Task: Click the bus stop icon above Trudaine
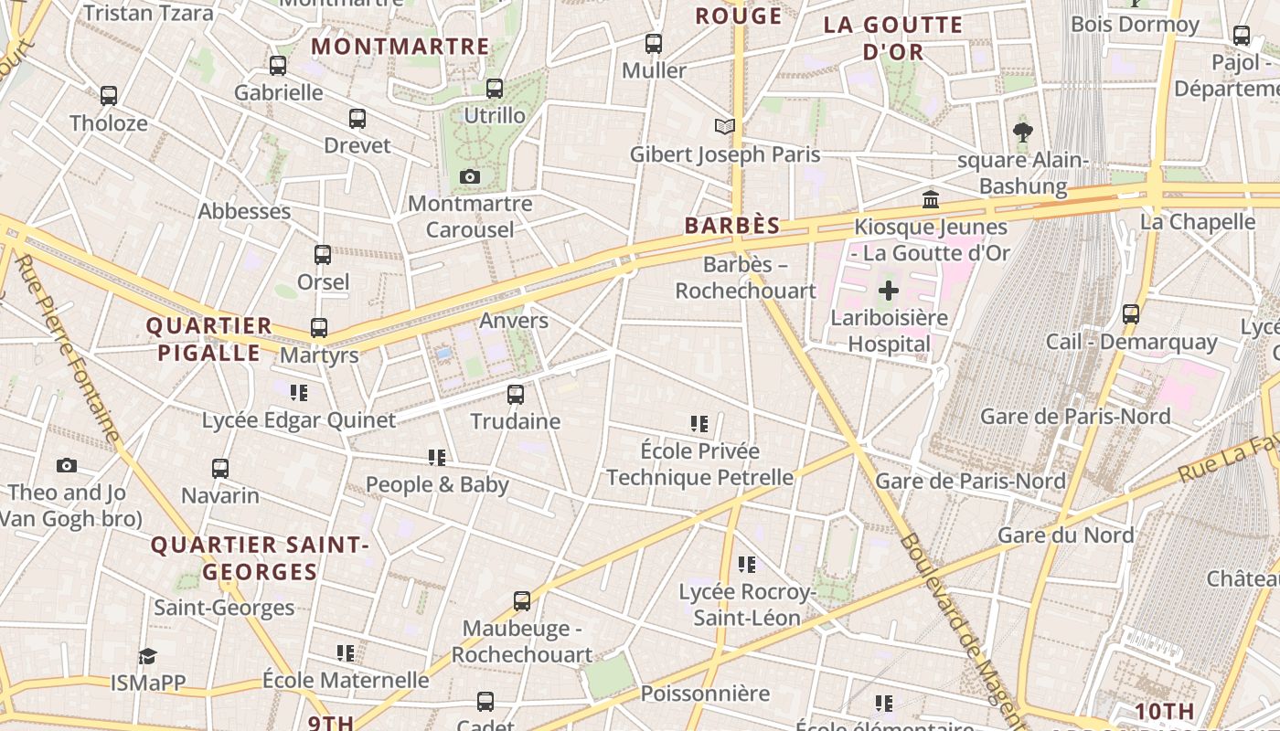click(516, 395)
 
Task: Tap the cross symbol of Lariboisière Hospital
click(888, 291)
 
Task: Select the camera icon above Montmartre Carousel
click(470, 176)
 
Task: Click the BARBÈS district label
click(732, 226)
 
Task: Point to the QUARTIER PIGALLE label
click(209, 339)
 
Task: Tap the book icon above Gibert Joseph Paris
click(725, 126)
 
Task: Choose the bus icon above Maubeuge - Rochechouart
click(522, 601)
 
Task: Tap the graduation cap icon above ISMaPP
click(147, 656)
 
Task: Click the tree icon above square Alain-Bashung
click(1022, 133)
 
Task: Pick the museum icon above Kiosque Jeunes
click(931, 199)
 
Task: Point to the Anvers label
click(514, 321)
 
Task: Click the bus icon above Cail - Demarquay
click(1131, 314)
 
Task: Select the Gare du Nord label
click(1065, 535)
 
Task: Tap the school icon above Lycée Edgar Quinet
click(298, 393)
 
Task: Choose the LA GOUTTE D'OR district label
click(893, 37)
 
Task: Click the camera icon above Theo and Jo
click(66, 466)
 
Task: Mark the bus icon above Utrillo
click(495, 89)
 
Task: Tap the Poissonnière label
click(705, 694)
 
